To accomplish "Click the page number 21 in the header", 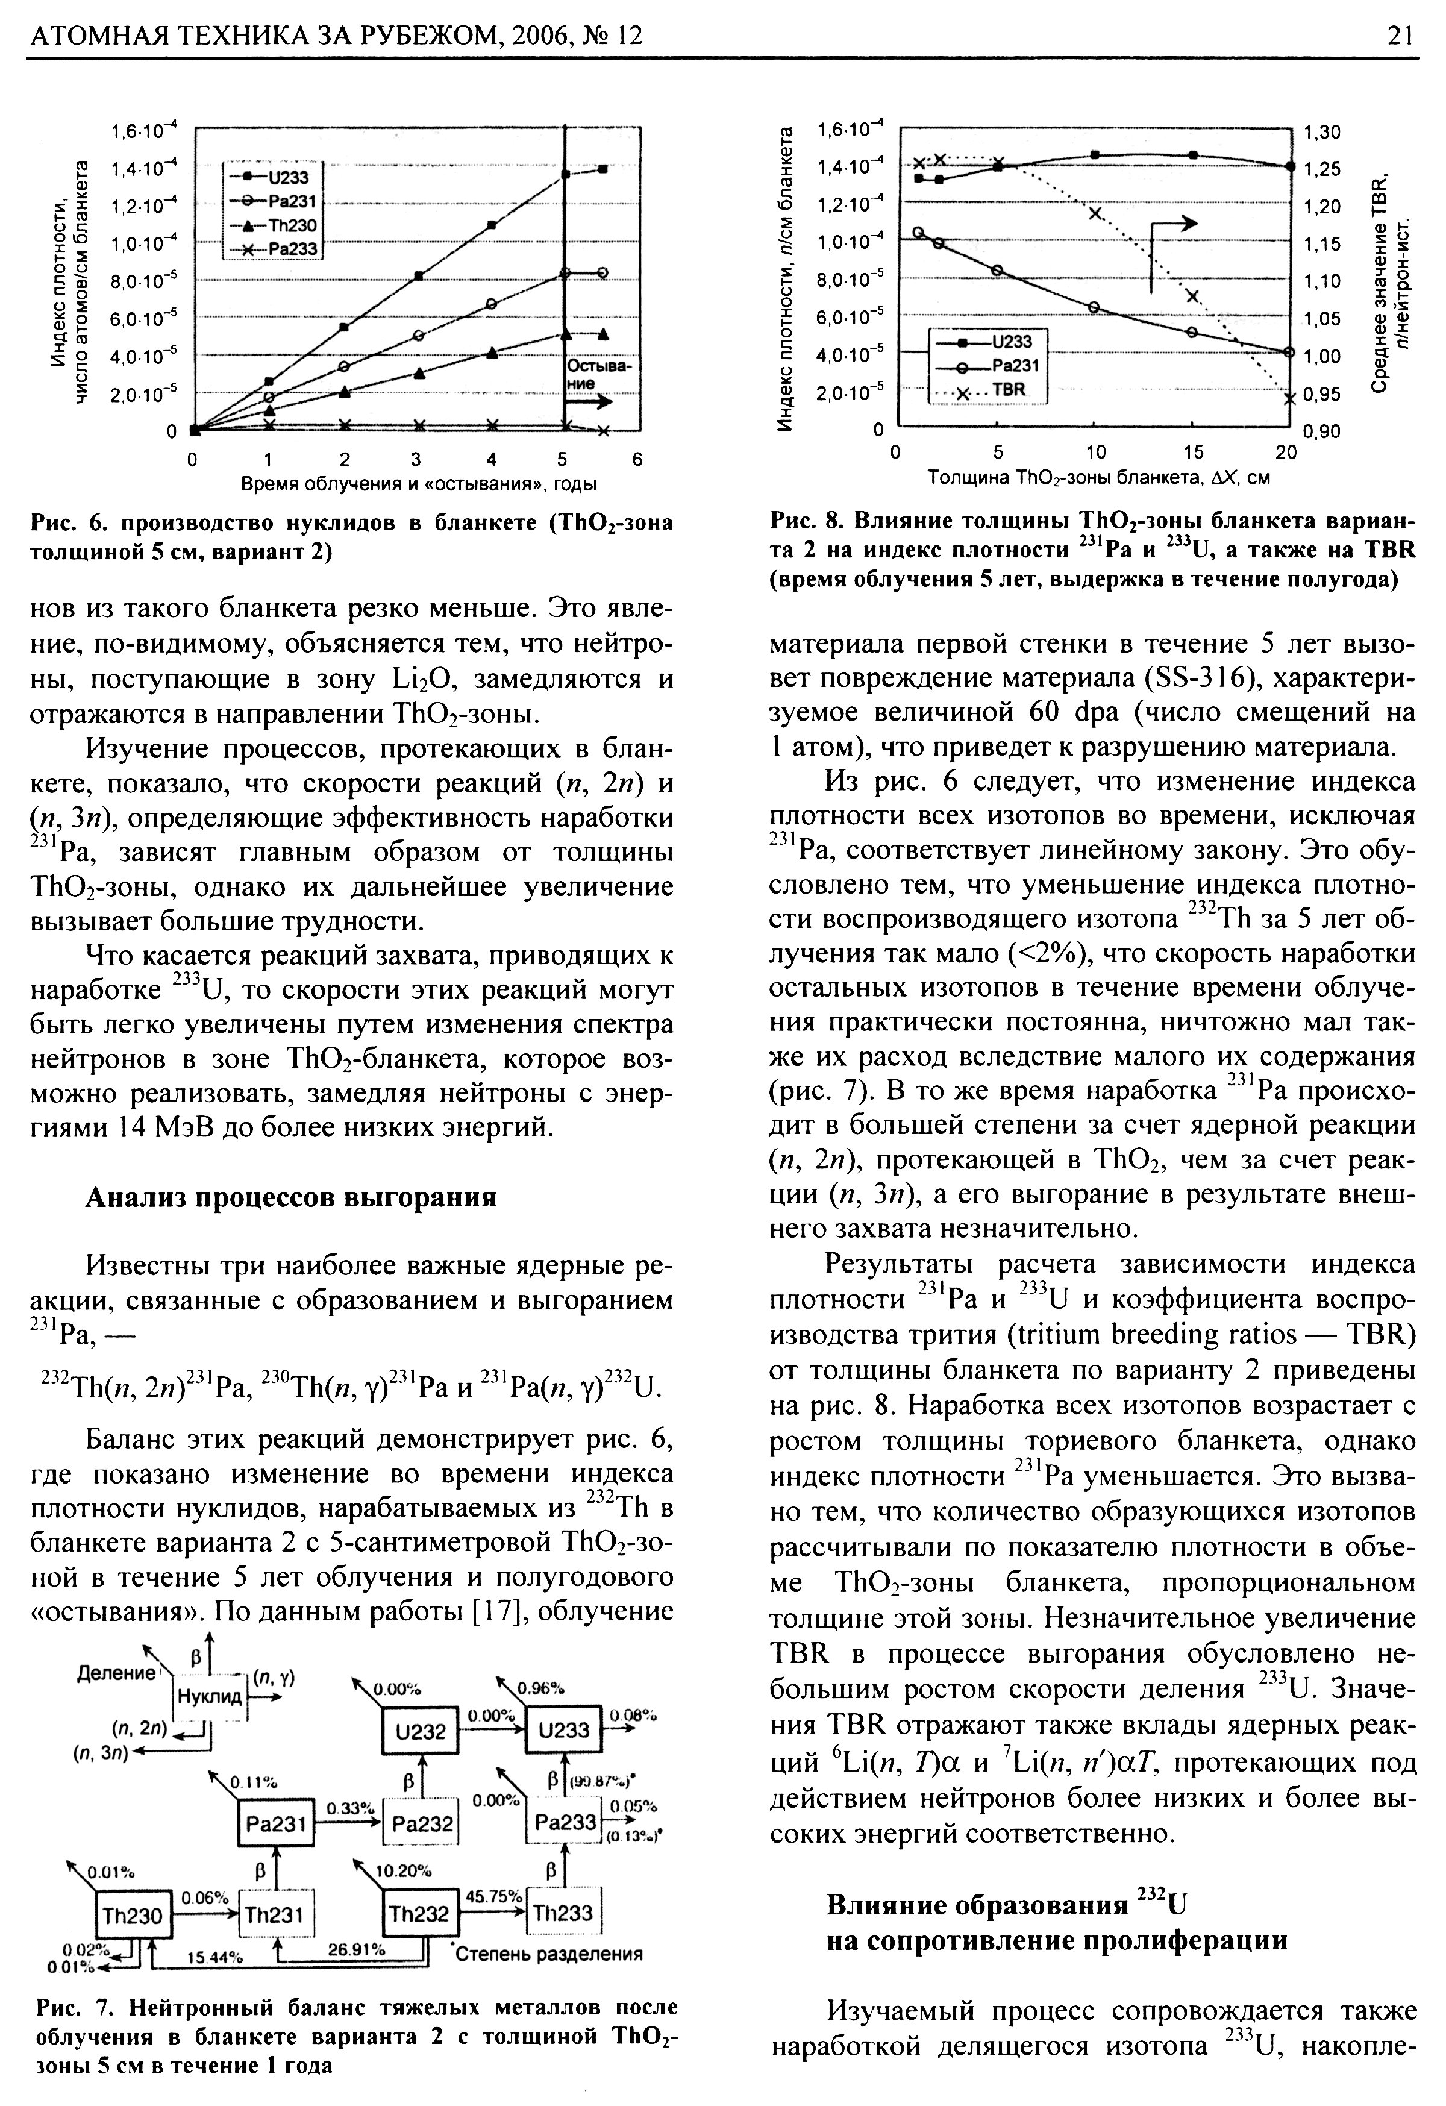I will [1399, 36].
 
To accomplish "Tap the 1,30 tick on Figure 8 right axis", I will [1320, 133].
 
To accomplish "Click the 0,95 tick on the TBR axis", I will [1320, 394].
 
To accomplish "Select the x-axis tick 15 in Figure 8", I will [1192, 452].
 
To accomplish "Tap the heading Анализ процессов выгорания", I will [291, 1198].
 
